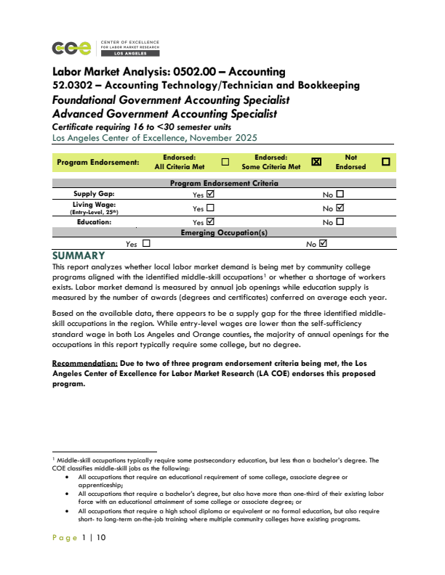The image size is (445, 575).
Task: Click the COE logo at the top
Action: coord(73,48)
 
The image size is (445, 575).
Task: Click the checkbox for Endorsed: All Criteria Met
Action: coord(225,162)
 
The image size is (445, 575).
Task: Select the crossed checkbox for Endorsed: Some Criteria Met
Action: coord(316,162)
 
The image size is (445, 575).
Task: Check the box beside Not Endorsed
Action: coord(386,162)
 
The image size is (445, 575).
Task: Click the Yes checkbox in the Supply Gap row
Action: coord(211,195)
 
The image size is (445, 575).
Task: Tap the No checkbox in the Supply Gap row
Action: coord(340,195)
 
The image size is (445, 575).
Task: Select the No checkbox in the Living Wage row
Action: coord(340,208)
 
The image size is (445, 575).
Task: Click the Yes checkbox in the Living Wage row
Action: coord(211,208)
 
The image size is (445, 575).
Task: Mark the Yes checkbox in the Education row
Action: coord(211,221)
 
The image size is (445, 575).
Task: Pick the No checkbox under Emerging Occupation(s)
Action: coord(324,244)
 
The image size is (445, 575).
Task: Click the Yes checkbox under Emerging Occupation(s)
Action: coord(146,244)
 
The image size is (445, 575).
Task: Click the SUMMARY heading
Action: coord(79,256)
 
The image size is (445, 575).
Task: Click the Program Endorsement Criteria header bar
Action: coord(224,184)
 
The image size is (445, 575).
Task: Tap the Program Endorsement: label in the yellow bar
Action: coord(98,163)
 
